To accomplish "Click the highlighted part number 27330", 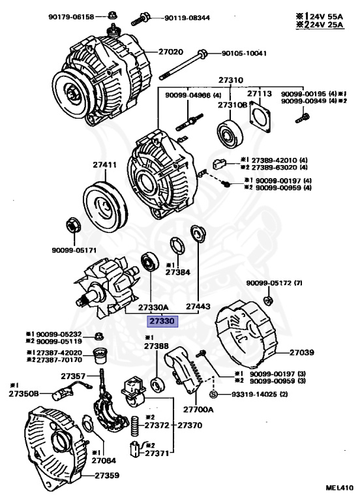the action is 162,321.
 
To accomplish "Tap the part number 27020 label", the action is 171,52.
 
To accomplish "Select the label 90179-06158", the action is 72,16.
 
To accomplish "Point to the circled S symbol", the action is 213,394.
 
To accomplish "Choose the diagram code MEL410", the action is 339,487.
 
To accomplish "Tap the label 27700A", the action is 198,409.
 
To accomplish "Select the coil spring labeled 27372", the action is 135,426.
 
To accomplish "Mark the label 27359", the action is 107,475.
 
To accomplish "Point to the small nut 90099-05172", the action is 268,301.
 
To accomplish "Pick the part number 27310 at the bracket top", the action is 231,80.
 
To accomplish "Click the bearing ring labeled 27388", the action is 157,385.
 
